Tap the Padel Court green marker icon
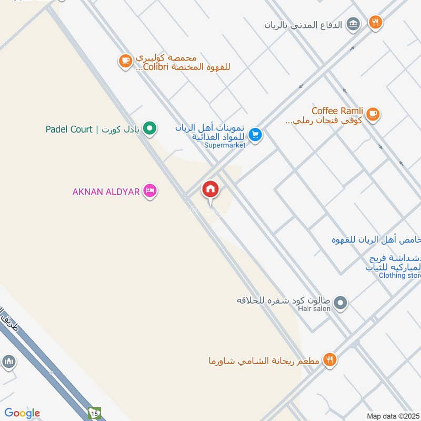(x=150, y=128)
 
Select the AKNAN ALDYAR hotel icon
(x=150, y=192)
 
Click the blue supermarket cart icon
(x=255, y=135)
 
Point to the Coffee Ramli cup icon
(x=373, y=114)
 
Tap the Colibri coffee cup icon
(x=125, y=61)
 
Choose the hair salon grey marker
(x=341, y=303)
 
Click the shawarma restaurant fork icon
(x=330, y=360)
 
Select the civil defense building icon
(x=354, y=24)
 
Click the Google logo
(x=22, y=413)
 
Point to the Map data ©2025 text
(x=393, y=416)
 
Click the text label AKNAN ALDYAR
(x=106, y=192)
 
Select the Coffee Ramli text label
(x=337, y=111)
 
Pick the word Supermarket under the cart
(x=225, y=145)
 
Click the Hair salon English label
(x=314, y=309)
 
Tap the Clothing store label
(x=399, y=275)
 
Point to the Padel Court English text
(x=69, y=129)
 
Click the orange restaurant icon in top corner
(x=375, y=22)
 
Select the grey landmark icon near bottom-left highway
(x=8, y=362)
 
